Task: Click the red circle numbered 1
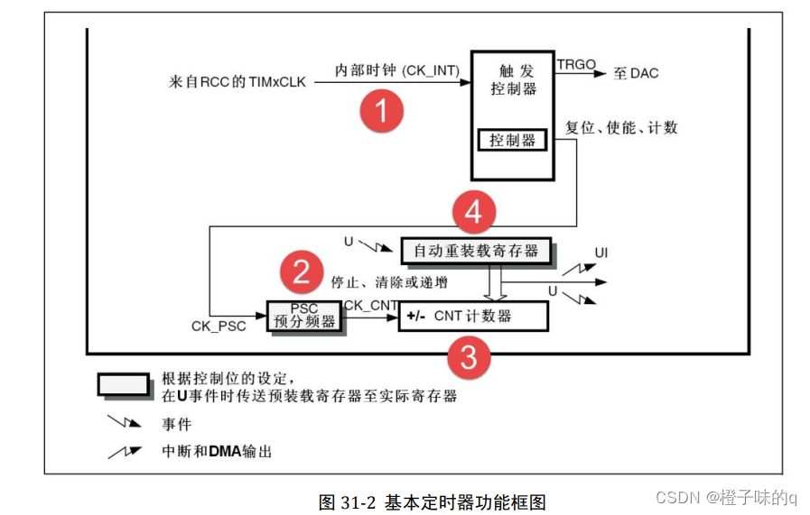pyautogui.click(x=380, y=111)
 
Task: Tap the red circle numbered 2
pyautogui.click(x=302, y=271)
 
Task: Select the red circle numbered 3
pyautogui.click(x=469, y=358)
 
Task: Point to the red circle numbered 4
pyautogui.click(x=474, y=213)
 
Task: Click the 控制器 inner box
pyautogui.click(x=512, y=140)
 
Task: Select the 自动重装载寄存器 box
pyautogui.click(x=476, y=251)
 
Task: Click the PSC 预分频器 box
pyautogui.click(x=305, y=316)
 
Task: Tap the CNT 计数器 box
pyautogui.click(x=473, y=317)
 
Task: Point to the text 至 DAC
pyautogui.click(x=636, y=73)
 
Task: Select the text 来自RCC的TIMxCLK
pyautogui.click(x=237, y=82)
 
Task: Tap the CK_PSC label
pyautogui.click(x=219, y=326)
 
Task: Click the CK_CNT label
pyautogui.click(x=371, y=305)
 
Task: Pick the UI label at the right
pyautogui.click(x=601, y=253)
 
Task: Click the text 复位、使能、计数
pyautogui.click(x=621, y=127)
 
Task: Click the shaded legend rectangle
pyautogui.click(x=124, y=384)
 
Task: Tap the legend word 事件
pyautogui.click(x=176, y=423)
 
